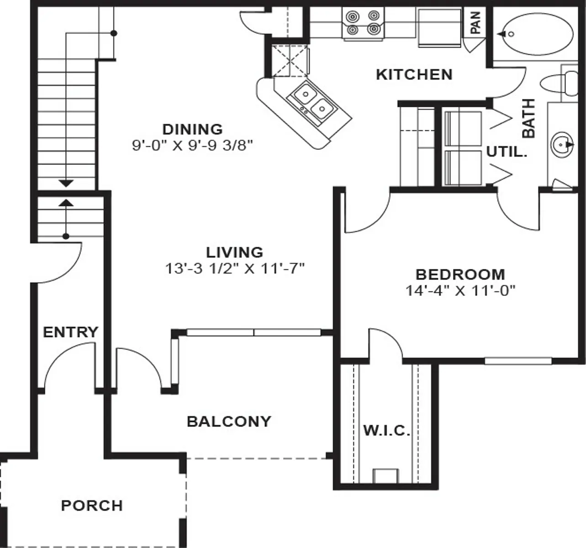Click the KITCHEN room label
point(414,74)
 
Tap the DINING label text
point(193,130)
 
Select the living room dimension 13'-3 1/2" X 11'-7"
point(235,269)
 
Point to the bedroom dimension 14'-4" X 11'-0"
point(460,290)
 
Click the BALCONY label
point(229,422)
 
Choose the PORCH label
point(92,506)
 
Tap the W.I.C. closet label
point(386,431)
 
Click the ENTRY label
point(70,332)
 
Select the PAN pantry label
point(475,22)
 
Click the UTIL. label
point(507,152)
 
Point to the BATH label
point(528,118)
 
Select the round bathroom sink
point(562,145)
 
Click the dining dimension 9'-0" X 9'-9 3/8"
point(192,145)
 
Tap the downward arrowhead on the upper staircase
point(66,183)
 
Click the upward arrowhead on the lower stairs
point(66,202)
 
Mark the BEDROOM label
point(460,274)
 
